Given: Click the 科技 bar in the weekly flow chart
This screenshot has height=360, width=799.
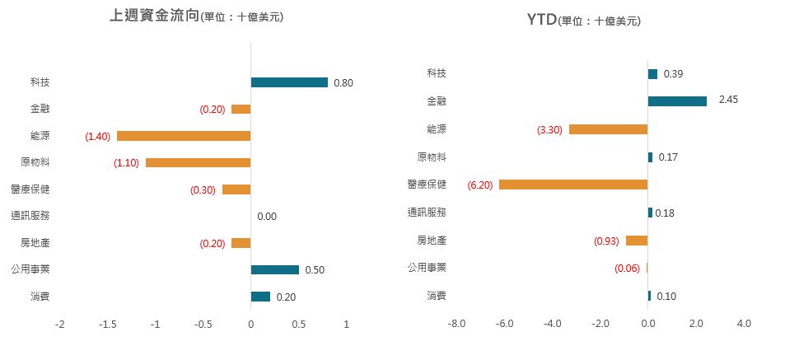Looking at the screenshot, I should tap(289, 82).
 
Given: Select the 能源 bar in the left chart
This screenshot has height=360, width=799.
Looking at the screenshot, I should tap(184, 136).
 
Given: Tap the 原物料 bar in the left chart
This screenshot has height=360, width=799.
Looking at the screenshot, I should tap(198, 162).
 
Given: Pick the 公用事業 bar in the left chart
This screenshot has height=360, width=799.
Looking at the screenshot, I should tap(275, 269).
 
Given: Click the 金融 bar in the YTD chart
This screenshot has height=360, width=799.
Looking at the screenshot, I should tap(677, 101).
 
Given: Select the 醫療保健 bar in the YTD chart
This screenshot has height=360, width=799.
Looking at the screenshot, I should tap(573, 185).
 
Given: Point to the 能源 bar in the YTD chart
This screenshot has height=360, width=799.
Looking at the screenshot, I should tap(608, 129).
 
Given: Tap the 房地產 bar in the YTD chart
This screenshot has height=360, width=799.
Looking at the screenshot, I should tap(637, 241).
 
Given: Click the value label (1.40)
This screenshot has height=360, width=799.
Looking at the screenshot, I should tap(97, 136).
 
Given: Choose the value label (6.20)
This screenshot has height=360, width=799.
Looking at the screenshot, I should tap(479, 185).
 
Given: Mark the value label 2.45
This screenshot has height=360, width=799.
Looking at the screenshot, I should tap(728, 100).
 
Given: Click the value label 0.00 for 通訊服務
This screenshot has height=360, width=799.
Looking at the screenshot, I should tap(267, 217).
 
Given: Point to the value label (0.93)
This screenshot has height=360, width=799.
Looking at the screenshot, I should tap(606, 241).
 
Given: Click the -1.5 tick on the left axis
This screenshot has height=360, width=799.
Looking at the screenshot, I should tap(107, 325).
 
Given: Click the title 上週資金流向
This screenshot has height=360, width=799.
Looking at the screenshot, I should tap(154, 16).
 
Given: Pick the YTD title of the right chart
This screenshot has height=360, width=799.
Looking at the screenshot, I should tap(541, 20).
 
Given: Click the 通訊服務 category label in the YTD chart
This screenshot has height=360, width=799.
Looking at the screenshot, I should tap(427, 213).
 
